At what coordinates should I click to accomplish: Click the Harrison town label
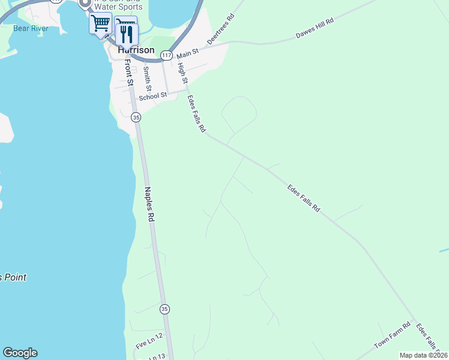pos(136,50)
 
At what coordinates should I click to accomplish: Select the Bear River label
pos(30,28)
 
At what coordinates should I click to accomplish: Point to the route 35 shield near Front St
pos(136,118)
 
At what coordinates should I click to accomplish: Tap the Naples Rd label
pos(149,205)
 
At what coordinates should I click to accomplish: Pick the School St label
pos(152,96)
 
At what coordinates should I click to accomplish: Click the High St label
pos(183,72)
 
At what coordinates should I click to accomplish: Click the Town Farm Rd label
pos(392,337)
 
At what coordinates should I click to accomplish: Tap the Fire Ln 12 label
pos(149,341)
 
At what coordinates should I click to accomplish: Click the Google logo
pos(20,353)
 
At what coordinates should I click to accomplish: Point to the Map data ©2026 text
pos(423,355)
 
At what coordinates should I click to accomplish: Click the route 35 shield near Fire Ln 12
pos(164,308)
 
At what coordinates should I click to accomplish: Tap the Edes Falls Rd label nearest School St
pos(196,113)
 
